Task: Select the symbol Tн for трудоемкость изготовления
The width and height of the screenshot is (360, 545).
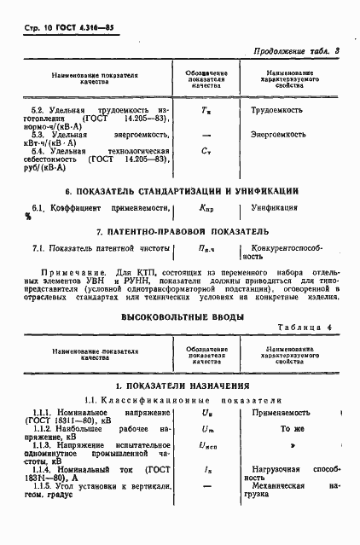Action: (205, 111)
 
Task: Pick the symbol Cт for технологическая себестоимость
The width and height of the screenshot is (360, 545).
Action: (205, 151)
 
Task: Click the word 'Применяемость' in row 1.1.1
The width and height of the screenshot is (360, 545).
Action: (274, 413)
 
